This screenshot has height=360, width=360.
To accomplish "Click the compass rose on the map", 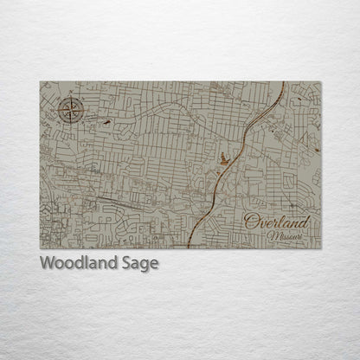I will pos(69,110).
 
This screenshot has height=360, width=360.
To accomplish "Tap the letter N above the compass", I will pos(69,99).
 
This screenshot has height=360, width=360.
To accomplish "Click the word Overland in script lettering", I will pos(276,222).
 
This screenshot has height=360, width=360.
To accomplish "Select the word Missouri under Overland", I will pos(285,235).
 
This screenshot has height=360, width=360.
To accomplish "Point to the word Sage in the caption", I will pos(140,264).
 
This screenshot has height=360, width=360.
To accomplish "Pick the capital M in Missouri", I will pos(272,235).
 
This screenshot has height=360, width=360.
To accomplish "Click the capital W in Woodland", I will pos(48,263).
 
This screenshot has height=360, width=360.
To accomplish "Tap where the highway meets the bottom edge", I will pos(193,247).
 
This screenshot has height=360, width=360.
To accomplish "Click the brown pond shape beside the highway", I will pos(223,158).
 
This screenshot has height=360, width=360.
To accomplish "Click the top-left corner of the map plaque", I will pos(40,82).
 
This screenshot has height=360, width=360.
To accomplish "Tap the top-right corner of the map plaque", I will pos(321,82).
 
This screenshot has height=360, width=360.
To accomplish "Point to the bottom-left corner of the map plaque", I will pos(40,248).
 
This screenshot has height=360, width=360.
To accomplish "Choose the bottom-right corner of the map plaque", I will pos(321,248).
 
